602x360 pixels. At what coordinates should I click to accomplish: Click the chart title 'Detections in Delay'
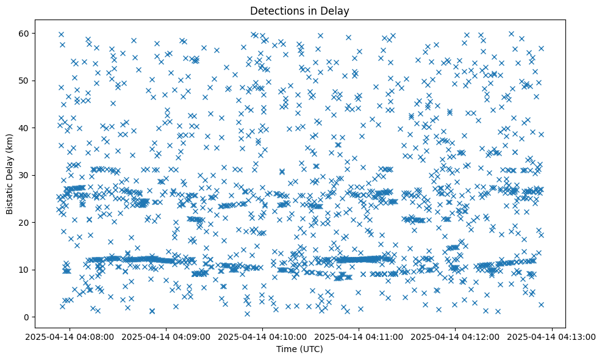(300, 10)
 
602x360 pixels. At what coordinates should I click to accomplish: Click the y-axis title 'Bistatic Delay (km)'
(10, 175)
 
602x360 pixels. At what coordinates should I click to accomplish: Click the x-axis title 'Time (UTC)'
(300, 349)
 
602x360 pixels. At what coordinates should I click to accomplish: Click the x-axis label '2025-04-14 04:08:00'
(70, 336)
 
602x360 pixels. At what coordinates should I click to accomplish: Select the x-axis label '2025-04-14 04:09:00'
(167, 336)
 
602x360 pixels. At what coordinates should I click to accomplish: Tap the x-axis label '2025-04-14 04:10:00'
(263, 336)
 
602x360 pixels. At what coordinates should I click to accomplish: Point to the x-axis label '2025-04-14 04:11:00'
(359, 336)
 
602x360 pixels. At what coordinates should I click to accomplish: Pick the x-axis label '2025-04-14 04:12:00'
(456, 336)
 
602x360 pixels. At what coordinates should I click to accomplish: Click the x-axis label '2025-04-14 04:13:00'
(552, 336)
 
